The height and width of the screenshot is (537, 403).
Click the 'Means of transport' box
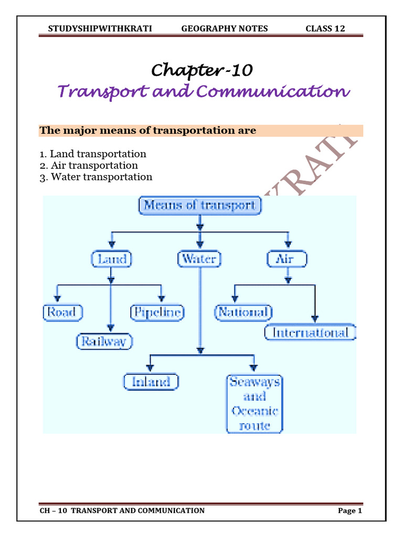click(x=199, y=205)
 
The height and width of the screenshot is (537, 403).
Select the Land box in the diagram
click(x=111, y=259)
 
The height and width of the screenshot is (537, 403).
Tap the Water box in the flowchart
click(x=199, y=259)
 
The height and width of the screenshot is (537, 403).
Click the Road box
click(x=62, y=313)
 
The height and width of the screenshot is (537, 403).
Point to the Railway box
click(x=105, y=342)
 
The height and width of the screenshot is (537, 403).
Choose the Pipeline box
click(x=156, y=313)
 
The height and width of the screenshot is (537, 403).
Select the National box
click(x=243, y=313)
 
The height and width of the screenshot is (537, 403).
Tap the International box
click(x=310, y=332)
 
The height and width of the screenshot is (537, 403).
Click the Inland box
click(x=151, y=381)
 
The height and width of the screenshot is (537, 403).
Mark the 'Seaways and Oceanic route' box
click(x=254, y=403)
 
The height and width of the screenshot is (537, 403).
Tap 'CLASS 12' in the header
click(x=325, y=28)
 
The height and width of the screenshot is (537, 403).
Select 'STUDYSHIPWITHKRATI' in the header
click(x=100, y=28)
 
